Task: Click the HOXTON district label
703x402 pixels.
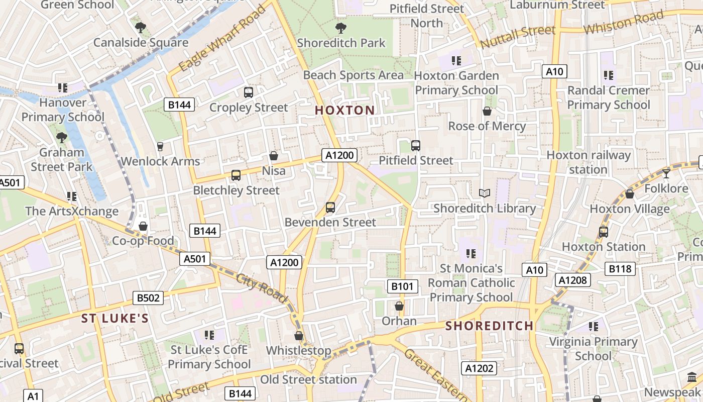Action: tap(344, 110)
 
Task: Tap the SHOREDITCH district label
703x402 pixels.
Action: tap(489, 326)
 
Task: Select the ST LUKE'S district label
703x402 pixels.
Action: tap(115, 318)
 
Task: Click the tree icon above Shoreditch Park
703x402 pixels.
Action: tap(340, 28)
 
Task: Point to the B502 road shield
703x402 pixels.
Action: tap(148, 298)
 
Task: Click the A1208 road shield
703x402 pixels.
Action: tap(572, 280)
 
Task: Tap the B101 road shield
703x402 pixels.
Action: tap(402, 286)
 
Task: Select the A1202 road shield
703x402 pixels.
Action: tap(479, 368)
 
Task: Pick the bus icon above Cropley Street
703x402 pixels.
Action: tap(248, 92)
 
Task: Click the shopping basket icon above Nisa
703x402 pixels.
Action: tap(274, 156)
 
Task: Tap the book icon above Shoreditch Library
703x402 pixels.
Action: tap(484, 193)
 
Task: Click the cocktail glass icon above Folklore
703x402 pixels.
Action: tap(666, 174)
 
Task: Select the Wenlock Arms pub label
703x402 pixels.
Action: tap(161, 161)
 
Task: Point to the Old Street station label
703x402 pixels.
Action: tap(308, 379)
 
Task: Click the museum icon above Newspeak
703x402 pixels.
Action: tap(691, 377)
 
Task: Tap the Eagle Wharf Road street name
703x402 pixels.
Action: tap(221, 39)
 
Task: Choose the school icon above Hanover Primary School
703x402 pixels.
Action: tap(63, 88)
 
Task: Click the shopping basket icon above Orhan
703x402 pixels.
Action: tap(399, 306)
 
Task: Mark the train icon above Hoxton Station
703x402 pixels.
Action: tap(603, 232)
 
